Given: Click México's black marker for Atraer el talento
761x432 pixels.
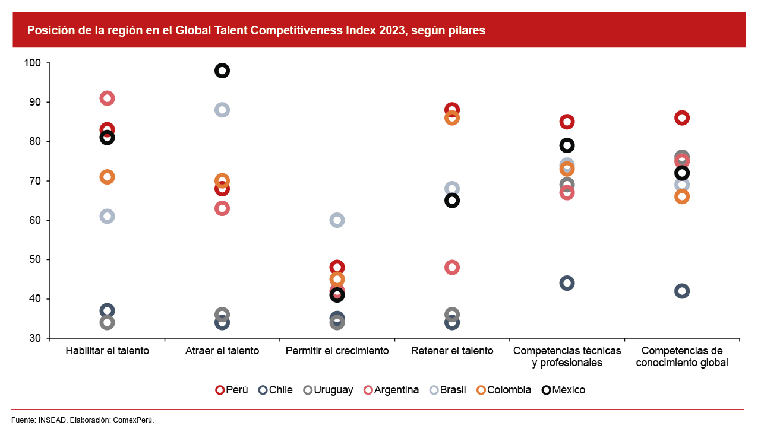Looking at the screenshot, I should pos(222,71).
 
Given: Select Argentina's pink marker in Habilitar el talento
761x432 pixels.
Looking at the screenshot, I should pos(108,99).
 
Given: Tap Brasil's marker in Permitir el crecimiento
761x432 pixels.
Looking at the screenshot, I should pos(337,220).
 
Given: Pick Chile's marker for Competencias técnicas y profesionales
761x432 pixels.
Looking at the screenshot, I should pos(567,283).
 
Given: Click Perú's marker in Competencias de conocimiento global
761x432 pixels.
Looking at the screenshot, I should pos(682,118).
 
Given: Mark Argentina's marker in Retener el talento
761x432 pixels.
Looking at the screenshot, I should pos(452,267).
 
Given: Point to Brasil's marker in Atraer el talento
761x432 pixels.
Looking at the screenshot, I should pos(222,110).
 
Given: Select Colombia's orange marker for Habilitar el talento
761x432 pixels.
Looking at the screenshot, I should pos(108,177).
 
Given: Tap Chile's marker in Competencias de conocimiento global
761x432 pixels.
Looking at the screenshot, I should pos(682,291).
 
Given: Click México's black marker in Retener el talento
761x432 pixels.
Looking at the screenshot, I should pos(452,201).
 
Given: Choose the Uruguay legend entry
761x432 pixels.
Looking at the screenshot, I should pos(327,390).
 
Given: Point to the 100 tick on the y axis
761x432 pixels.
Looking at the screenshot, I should pos(33,63).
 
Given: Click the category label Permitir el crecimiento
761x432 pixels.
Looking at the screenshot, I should pos(337,351).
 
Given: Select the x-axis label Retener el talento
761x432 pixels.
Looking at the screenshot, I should pos(452,351).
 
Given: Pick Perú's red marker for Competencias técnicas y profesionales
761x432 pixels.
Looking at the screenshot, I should pos(567,122).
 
